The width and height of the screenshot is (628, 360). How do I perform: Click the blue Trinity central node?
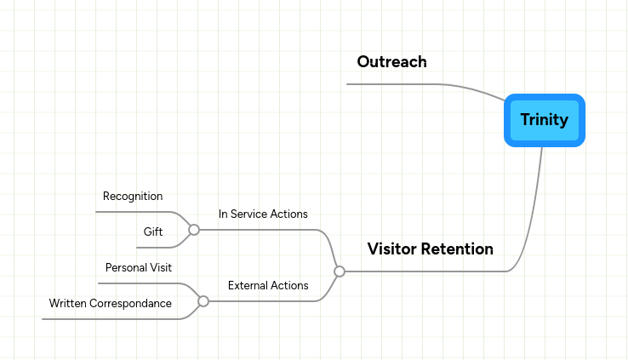(544, 120)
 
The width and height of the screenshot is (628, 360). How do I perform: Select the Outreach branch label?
(391, 62)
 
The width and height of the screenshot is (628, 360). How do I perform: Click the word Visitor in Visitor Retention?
(394, 249)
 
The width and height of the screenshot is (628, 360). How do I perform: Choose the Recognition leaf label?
(133, 197)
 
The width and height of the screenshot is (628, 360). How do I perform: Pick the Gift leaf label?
(152, 231)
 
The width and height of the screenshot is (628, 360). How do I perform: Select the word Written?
(69, 303)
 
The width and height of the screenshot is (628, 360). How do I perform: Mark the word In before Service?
(223, 214)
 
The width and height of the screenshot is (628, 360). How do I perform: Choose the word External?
(248, 285)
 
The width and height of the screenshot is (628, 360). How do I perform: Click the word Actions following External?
(290, 285)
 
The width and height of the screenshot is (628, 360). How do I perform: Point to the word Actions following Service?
(289, 214)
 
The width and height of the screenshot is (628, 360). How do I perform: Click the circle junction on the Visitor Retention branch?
(340, 271)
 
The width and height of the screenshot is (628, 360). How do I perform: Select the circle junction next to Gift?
(194, 230)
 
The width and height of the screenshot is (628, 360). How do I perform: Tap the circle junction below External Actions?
(203, 301)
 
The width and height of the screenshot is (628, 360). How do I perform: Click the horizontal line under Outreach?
(391, 84)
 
